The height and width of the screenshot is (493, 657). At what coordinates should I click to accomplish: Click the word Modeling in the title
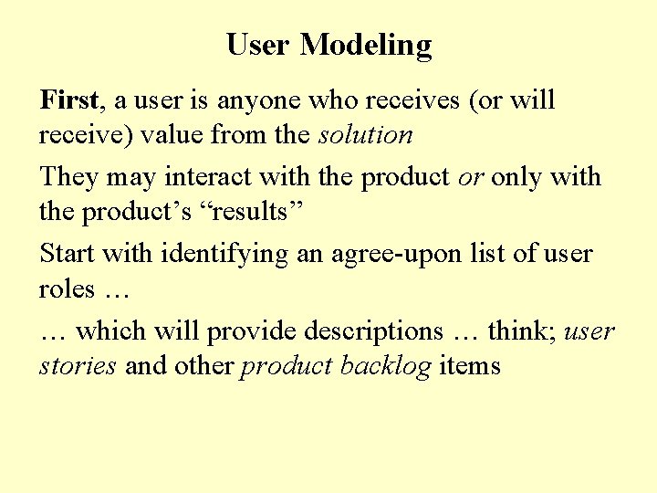point(366,44)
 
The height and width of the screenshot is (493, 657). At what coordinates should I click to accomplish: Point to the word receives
point(418,99)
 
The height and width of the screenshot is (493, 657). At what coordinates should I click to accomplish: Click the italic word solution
point(365,135)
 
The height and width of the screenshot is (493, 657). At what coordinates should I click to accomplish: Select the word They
point(68,175)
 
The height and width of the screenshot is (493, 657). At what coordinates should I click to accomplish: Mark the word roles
point(67,289)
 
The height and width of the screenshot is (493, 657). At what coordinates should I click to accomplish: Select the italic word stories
point(78,366)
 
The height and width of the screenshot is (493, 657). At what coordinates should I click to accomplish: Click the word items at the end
point(470,366)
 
